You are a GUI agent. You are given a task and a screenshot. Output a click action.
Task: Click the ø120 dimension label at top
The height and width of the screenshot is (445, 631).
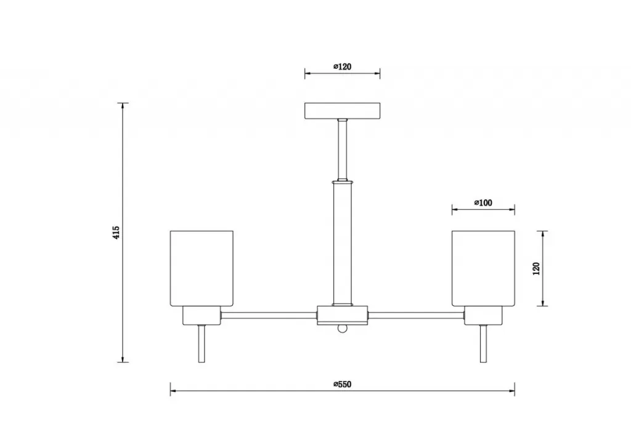[x=343, y=66]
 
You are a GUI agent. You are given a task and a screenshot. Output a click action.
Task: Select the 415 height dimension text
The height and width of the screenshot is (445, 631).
[x=116, y=233]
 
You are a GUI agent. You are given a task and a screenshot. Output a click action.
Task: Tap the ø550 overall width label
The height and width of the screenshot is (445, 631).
[x=343, y=384]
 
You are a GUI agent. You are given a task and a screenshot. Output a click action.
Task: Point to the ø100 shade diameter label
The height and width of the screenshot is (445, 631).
[x=483, y=202]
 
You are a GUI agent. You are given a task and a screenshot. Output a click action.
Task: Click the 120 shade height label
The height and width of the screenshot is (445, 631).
[x=536, y=268]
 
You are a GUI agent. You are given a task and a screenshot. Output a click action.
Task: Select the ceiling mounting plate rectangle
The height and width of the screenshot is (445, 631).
[x=343, y=111]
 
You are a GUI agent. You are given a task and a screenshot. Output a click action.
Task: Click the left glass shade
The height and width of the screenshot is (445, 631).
[x=202, y=268]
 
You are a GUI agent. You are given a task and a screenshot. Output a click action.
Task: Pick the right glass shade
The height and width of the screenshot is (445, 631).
[x=483, y=268]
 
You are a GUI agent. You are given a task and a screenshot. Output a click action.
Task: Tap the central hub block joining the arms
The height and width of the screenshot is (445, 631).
[x=343, y=315]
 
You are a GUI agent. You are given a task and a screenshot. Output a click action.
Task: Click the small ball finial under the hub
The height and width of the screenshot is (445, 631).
[x=342, y=329]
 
